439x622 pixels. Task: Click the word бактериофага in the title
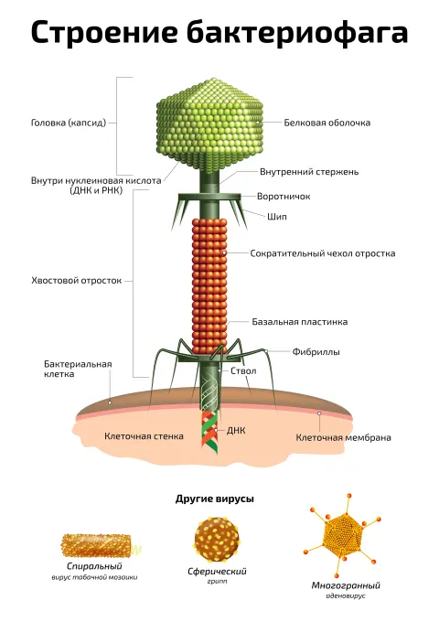click(297, 32)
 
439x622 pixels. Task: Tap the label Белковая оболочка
click(327, 123)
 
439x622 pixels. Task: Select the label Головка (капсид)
click(69, 123)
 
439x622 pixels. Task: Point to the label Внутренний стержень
click(309, 172)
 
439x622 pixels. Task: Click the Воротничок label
click(284, 197)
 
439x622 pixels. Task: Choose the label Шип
click(277, 217)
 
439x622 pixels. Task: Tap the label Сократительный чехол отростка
click(323, 253)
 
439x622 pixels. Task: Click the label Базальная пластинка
click(300, 322)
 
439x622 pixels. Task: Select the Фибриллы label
click(316, 352)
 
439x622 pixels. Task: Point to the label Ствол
click(243, 370)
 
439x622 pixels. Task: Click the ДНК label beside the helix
click(236, 431)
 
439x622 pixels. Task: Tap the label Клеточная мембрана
click(344, 437)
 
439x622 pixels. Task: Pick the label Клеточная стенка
click(144, 436)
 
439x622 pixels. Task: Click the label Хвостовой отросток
click(77, 281)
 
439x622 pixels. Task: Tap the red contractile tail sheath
click(209, 285)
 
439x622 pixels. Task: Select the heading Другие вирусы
click(215, 499)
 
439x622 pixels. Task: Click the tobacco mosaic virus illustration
click(98, 546)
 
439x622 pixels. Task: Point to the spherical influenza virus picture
click(217, 538)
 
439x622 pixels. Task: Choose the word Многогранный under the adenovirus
click(346, 585)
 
